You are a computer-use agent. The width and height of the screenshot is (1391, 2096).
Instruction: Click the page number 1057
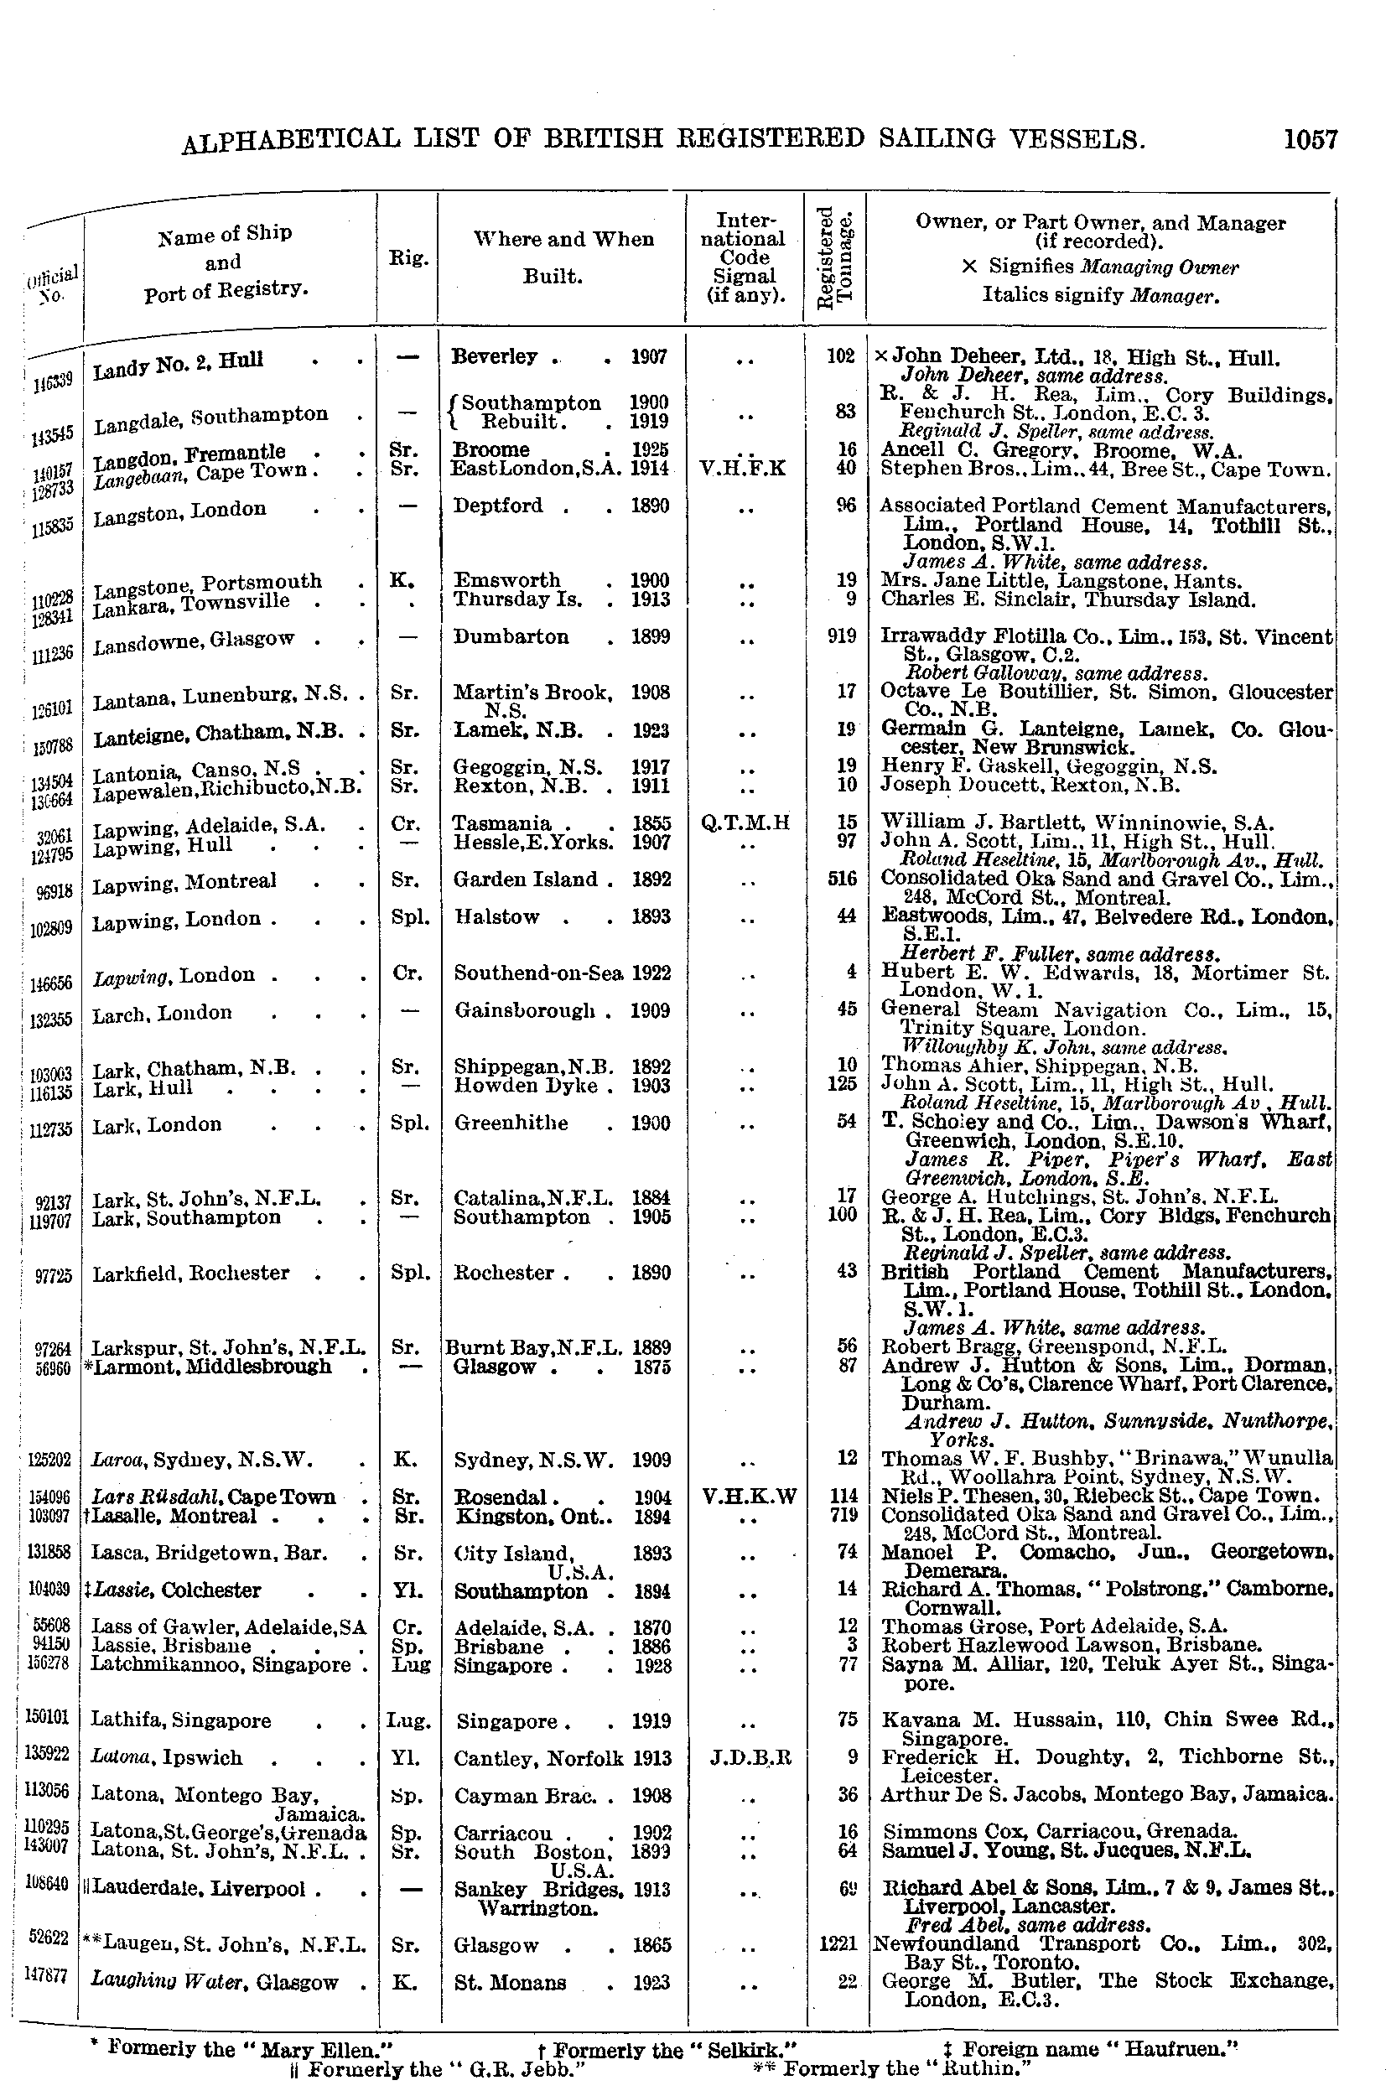1309,139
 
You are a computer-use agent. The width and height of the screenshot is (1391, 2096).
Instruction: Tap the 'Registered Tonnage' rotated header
835,258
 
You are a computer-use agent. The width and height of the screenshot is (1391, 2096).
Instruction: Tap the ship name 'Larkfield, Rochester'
190,1273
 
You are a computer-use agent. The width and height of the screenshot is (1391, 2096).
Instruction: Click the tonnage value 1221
838,1943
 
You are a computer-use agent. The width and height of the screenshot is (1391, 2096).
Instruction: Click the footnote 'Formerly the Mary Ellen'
248,2047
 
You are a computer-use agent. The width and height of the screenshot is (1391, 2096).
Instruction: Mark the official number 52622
49,1937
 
